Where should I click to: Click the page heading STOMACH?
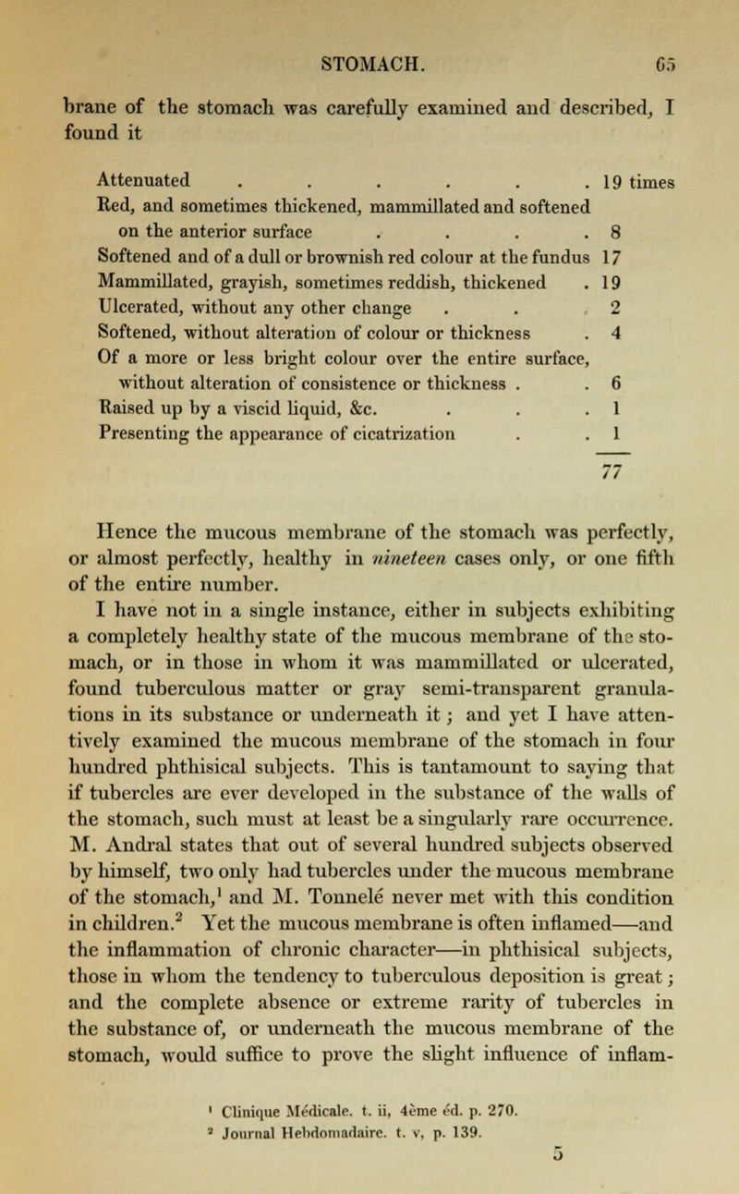point(369,15)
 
